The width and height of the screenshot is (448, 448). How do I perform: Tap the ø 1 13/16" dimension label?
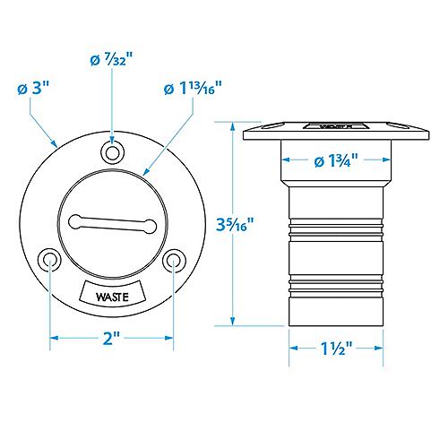click(192, 90)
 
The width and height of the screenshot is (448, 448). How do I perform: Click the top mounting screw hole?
click(112, 151)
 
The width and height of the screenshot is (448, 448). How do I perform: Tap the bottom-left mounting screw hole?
click(49, 260)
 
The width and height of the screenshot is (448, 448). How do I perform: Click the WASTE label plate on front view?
click(112, 291)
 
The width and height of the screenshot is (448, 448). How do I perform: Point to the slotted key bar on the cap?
click(112, 223)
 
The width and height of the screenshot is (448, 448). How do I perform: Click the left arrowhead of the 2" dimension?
click(53, 337)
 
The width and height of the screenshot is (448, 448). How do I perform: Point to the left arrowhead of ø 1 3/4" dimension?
click(286, 162)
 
